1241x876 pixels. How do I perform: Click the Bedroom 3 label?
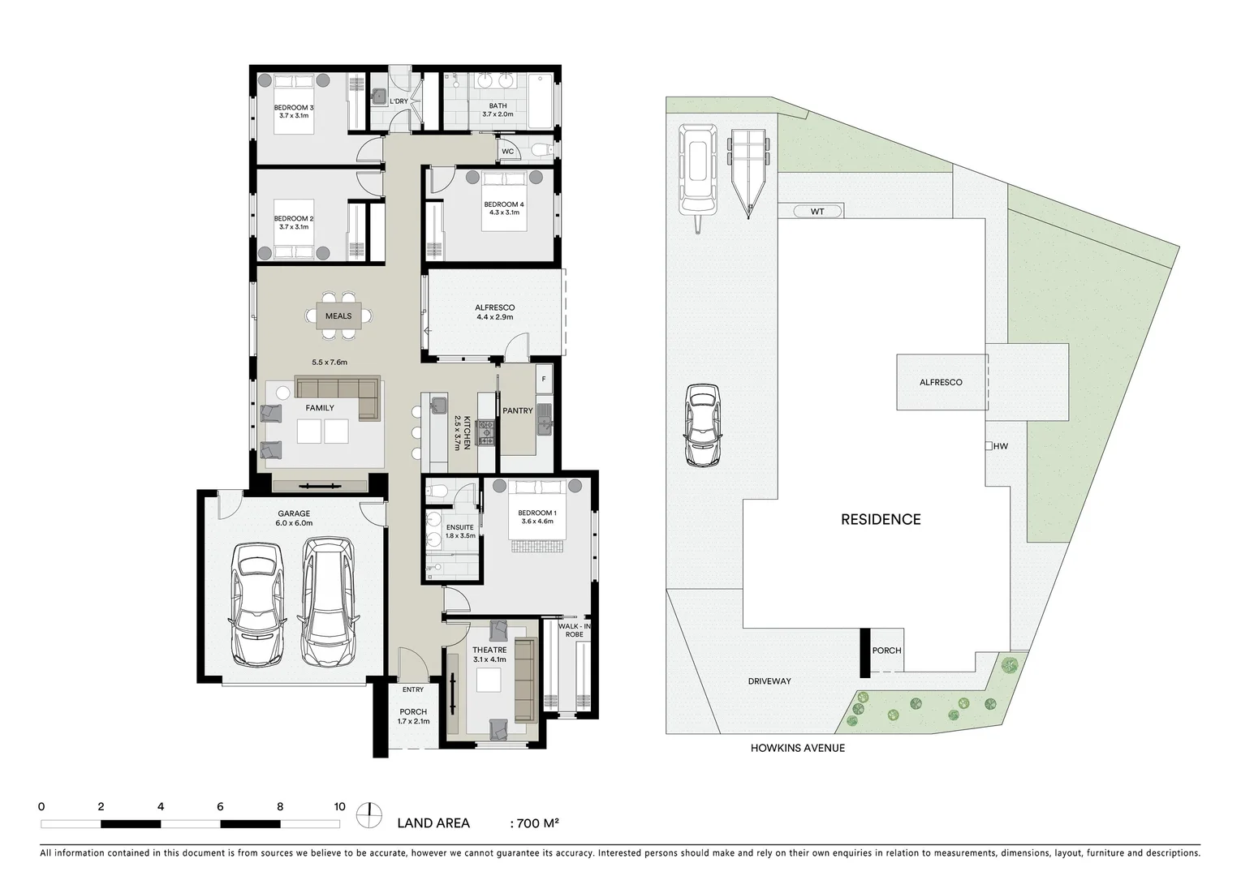coord(293,108)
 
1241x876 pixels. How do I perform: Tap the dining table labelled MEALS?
coord(338,316)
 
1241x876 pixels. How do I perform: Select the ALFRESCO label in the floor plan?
coord(494,307)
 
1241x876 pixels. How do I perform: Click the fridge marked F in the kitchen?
coord(544,379)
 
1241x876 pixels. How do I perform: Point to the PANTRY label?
coord(517,411)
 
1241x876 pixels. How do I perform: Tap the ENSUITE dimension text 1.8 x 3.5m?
coord(460,535)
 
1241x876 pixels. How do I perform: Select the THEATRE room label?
coord(489,650)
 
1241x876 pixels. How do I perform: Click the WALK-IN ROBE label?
coord(574,630)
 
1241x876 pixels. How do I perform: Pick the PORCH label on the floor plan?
coord(412,711)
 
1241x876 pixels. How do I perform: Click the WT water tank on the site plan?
coord(817,212)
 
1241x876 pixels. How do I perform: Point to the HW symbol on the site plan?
coord(999,446)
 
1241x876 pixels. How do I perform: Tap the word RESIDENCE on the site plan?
coord(881,520)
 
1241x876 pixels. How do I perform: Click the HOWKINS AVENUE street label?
coord(797,748)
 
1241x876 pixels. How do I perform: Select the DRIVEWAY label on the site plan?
coord(769,681)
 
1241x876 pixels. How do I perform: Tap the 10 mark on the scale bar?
coord(339,807)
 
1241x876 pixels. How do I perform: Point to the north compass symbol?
coord(369,814)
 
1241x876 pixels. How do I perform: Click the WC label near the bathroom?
coord(507,152)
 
